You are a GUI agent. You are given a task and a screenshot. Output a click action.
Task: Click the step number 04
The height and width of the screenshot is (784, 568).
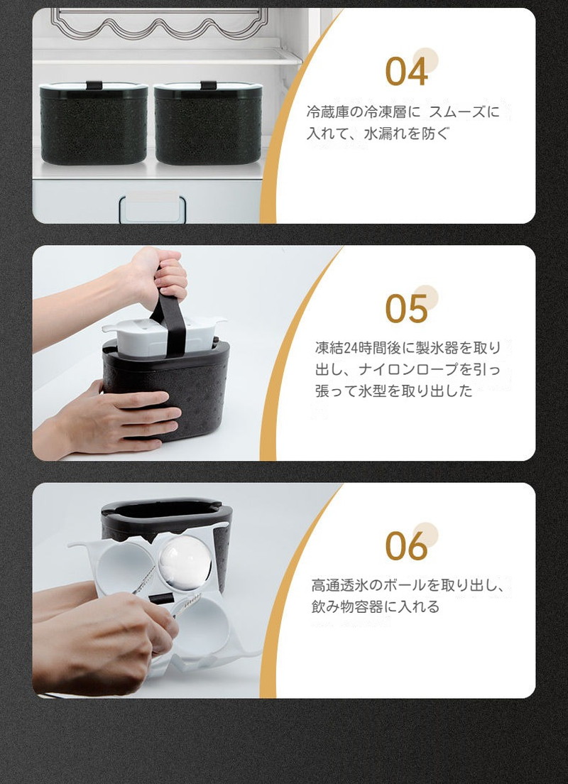tap(406, 71)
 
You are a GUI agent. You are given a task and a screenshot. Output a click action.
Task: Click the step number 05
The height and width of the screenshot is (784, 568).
tap(406, 308)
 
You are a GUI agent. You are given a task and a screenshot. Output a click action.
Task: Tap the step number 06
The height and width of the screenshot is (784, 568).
tap(406, 545)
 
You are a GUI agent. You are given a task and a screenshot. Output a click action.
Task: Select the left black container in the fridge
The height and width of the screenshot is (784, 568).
tap(94, 123)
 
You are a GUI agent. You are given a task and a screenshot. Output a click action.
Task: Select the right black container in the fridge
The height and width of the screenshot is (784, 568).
tap(208, 123)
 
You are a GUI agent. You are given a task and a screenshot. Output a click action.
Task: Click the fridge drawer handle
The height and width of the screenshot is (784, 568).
tap(153, 209)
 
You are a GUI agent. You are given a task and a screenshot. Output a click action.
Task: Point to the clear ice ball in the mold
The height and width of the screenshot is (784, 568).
tap(185, 562)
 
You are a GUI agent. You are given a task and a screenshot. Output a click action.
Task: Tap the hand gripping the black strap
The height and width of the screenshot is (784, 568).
tap(159, 275)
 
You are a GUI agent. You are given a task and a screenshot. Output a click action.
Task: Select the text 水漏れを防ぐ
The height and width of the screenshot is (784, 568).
tap(407, 134)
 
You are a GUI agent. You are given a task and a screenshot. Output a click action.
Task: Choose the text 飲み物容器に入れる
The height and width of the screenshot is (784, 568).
tap(376, 607)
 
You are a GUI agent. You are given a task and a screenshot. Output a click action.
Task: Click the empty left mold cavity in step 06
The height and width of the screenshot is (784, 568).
tap(124, 568)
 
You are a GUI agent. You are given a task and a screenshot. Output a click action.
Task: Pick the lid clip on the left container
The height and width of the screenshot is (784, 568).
tap(94, 85)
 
